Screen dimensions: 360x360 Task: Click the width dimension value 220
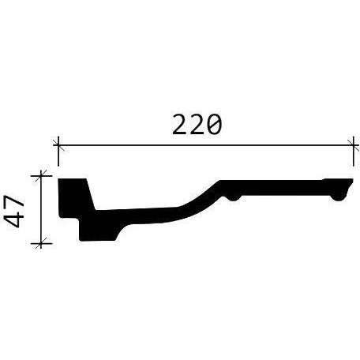(197, 124)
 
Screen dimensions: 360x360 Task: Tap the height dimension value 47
(15, 212)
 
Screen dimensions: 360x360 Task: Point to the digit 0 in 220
(214, 124)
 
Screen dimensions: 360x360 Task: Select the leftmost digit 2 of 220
(180, 124)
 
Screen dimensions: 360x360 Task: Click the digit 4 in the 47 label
(15, 220)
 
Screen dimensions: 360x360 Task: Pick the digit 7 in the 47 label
(15, 203)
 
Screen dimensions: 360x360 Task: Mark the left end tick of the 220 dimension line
(58, 145)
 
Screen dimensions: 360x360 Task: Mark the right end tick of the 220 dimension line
(353, 145)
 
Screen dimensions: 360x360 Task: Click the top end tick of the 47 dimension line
(41, 175)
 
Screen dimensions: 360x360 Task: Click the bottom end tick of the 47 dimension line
(41, 243)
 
